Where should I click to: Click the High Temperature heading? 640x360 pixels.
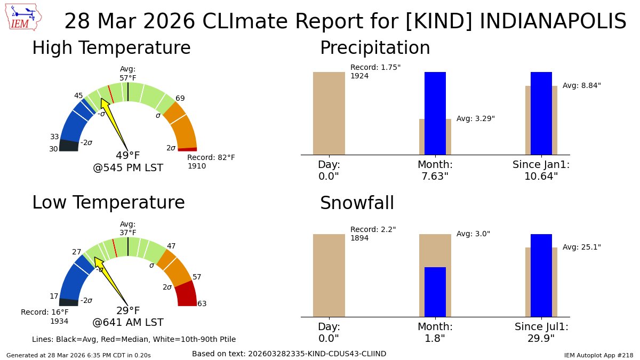(111, 48)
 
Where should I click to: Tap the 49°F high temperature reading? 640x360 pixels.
(128, 156)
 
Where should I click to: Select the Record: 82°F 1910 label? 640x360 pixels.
(211, 162)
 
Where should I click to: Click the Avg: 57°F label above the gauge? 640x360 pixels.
(128, 74)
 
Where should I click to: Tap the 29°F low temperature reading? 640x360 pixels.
(128, 311)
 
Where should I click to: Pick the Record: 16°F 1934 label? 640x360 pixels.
(45, 316)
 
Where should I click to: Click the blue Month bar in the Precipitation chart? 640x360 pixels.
(435, 113)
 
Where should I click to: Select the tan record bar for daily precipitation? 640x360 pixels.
(329, 113)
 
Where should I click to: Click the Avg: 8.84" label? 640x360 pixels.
(581, 85)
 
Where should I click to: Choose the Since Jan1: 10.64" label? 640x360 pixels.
(541, 171)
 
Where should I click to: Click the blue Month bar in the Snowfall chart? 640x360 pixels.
(435, 292)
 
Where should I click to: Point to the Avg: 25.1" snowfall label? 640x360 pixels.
(581, 247)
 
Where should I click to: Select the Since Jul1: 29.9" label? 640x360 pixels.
(541, 332)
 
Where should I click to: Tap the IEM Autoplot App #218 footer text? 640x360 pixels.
(598, 355)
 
